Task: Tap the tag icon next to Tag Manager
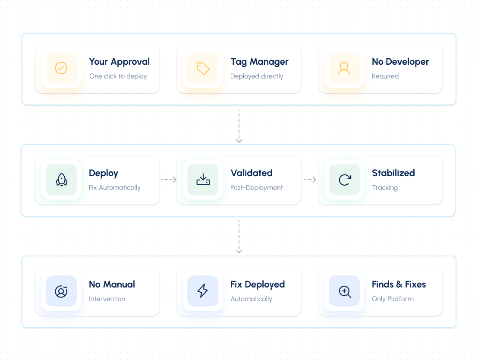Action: point(203,68)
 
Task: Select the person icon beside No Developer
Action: point(344,68)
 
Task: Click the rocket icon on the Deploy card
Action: point(62,180)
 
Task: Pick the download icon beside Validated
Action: point(203,180)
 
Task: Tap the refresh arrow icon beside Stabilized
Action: point(345,180)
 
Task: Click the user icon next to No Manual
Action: point(61,291)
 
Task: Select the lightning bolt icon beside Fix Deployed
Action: point(202,291)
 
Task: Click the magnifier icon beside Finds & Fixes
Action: point(345,292)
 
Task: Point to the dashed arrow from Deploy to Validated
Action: point(169,180)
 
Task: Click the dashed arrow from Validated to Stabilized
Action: point(310,180)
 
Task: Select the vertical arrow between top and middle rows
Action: point(239,126)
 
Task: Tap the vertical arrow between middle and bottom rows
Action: point(239,237)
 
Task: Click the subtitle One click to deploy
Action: point(118,76)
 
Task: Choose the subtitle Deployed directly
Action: point(257,76)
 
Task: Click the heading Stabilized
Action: point(393,173)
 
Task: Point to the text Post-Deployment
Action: point(256,188)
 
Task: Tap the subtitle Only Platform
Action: point(393,299)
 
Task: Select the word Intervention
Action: point(107,299)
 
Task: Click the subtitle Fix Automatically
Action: point(115,188)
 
